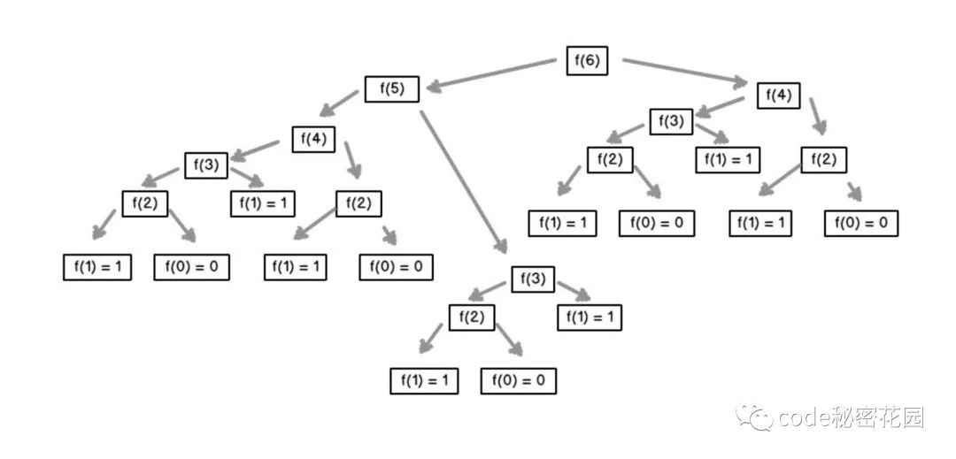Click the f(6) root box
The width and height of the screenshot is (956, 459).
pyautogui.click(x=587, y=60)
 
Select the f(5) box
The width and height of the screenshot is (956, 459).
pyautogui.click(x=392, y=88)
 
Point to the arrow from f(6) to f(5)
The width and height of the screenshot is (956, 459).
pyautogui.click(x=491, y=74)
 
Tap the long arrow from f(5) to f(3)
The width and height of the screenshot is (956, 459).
pyautogui.click(x=464, y=181)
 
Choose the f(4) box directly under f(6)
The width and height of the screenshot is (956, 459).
pyautogui.click(x=779, y=96)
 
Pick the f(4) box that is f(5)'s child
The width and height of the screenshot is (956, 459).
pyautogui.click(x=314, y=140)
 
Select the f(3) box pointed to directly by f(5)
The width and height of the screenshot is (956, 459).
pyautogui.click(x=533, y=280)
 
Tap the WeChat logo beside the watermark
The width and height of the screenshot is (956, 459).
pyautogui.click(x=755, y=417)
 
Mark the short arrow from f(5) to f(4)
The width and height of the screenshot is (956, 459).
pyautogui.click(x=339, y=103)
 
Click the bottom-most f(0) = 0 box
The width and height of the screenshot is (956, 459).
pyautogui.click(x=518, y=381)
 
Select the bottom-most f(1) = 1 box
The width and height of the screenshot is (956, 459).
pyautogui.click(x=424, y=381)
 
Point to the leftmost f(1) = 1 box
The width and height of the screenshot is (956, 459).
pyautogui.click(x=97, y=266)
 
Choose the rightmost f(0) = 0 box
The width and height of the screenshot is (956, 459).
pyautogui.click(x=861, y=223)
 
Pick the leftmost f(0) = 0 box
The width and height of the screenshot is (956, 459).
pyautogui.click(x=191, y=266)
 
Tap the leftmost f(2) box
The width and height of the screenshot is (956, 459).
pyautogui.click(x=144, y=203)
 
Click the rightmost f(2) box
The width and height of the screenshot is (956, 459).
pyautogui.click(x=824, y=160)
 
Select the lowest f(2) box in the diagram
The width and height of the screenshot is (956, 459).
pyautogui.click(x=472, y=317)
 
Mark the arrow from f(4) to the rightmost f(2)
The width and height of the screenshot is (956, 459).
pyautogui.click(x=818, y=116)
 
